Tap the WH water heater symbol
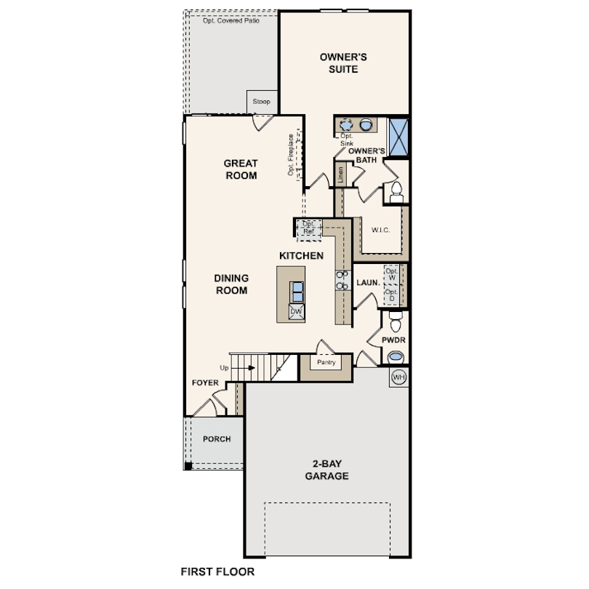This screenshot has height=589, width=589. pos(398,377)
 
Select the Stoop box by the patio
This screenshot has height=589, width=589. pos(261,101)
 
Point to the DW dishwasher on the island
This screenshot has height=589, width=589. pos(296,311)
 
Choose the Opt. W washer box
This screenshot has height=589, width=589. pos(392,274)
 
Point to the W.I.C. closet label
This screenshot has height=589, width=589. pos(381,231)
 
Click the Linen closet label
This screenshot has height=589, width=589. pos(339,175)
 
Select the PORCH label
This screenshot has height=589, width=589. pos(217,439)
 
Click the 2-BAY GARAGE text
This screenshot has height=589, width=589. pos(327,470)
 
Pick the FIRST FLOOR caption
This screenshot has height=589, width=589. pos(217,572)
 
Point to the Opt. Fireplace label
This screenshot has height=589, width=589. pos(290,154)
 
